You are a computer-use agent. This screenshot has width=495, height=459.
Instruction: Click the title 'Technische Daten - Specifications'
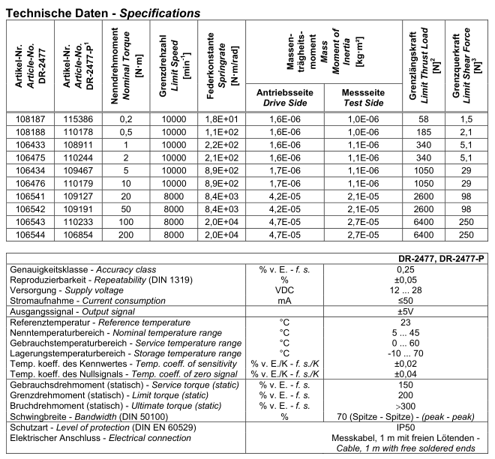coord(103,13)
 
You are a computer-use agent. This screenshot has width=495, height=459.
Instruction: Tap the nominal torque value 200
coord(126,235)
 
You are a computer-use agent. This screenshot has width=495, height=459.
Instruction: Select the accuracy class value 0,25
coord(406,269)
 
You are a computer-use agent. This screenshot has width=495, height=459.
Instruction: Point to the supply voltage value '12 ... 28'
coord(406,289)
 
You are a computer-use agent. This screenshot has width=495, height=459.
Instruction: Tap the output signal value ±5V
coord(406,310)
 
